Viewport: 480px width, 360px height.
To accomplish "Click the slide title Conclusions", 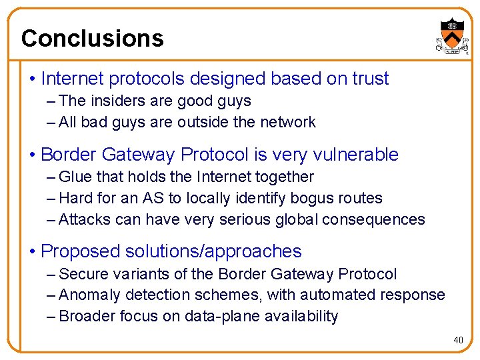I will tap(92, 38).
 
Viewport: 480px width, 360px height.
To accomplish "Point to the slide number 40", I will tap(458, 341).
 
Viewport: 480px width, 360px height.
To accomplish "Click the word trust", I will tap(371, 79).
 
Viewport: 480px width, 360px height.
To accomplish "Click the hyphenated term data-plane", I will tap(221, 316).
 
